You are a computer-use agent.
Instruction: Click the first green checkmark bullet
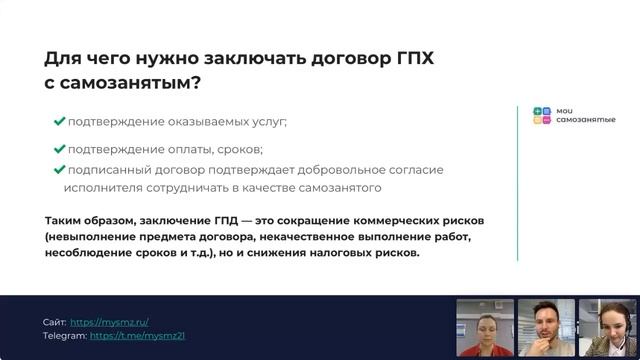(60, 121)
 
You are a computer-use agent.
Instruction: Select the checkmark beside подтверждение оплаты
(60, 149)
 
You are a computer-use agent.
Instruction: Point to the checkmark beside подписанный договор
(60, 169)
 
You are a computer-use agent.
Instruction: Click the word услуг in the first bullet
(267, 121)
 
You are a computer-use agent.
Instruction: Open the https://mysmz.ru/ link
(110, 322)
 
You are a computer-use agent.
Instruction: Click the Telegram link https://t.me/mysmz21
(137, 336)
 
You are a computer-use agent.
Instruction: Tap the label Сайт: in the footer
(55, 322)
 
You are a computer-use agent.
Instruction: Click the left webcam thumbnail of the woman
(485, 327)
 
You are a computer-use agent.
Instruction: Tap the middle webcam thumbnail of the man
(545, 327)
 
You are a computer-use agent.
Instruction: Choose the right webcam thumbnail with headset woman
(604, 327)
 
